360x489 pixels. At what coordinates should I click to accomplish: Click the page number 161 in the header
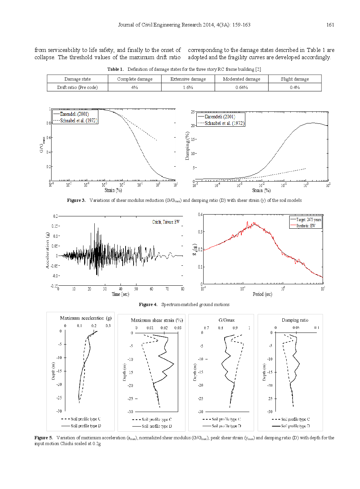[x=330, y=25]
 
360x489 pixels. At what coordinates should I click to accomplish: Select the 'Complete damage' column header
[x=135, y=79]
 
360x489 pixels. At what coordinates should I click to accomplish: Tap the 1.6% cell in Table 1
[x=188, y=87]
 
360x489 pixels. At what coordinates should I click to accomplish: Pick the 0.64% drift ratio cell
[x=241, y=87]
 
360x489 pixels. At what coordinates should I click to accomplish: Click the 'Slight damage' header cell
[x=295, y=79]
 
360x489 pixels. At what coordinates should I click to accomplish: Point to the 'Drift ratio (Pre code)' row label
[x=77, y=87]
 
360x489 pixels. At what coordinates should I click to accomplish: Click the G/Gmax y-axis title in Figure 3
[x=42, y=144]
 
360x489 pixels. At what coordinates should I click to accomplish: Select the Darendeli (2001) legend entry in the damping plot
[x=220, y=117]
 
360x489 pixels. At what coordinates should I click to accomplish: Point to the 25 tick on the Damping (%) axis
[x=193, y=112]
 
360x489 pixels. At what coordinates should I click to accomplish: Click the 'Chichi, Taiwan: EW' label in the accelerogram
[x=166, y=222]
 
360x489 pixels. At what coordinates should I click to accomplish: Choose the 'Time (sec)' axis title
[x=120, y=294]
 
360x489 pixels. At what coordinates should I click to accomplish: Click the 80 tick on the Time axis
[x=183, y=289]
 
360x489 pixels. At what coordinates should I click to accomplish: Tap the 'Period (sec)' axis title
[x=262, y=294]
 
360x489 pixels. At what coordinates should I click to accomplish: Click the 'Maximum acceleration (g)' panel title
[x=86, y=318]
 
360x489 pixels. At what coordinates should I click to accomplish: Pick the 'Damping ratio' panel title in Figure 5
[x=295, y=320]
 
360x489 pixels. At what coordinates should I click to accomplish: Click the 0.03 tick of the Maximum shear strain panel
[x=178, y=328]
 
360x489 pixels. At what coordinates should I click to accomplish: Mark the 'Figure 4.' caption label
[x=148, y=305]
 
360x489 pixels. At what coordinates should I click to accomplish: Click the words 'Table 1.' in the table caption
[x=115, y=69]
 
